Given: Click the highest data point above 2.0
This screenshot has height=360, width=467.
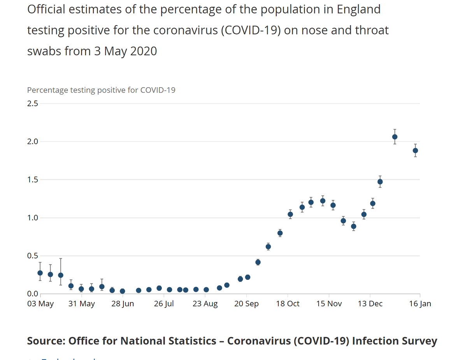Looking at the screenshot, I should point(395,137).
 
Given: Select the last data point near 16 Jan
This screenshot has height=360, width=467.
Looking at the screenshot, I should point(415,151).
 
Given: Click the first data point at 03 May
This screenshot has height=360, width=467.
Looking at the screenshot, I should point(40,273).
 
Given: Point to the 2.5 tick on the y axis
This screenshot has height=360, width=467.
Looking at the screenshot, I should point(33,104).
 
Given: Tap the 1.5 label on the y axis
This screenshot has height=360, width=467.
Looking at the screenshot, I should point(33,180).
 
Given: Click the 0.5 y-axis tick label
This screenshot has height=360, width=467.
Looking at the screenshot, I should point(33,256).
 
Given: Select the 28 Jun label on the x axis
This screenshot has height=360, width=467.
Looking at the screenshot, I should point(123,304).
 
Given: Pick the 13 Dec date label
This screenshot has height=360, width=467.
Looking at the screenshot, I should point(370,304).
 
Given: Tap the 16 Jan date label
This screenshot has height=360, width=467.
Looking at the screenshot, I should point(420,304).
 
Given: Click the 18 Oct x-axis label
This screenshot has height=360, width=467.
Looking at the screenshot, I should point(288,304).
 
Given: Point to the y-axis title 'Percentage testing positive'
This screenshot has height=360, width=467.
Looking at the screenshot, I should point(101,90).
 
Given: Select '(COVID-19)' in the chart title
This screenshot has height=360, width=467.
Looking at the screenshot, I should point(251,30).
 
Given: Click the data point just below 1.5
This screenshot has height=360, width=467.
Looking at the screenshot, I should point(380,182).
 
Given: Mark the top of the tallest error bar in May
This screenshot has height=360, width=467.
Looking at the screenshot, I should point(61,258).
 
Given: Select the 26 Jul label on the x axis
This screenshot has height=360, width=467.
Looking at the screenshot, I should point(164,304).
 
